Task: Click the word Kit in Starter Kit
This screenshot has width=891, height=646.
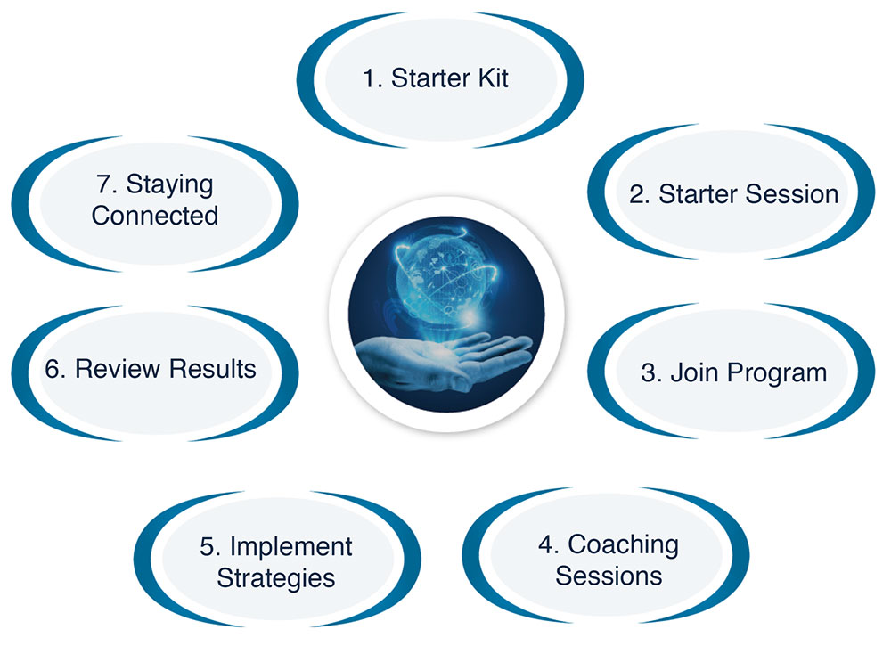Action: pos(493,78)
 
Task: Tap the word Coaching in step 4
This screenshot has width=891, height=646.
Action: pos(623,544)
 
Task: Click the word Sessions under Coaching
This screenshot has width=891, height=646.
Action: pos(609,576)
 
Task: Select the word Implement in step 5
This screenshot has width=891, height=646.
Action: pos(290,547)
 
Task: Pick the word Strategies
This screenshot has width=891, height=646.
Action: pos(276,578)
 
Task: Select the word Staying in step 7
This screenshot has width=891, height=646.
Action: pos(169,185)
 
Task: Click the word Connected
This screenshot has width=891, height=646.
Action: pos(154,216)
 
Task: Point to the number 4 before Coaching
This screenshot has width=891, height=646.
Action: pos(548,544)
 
